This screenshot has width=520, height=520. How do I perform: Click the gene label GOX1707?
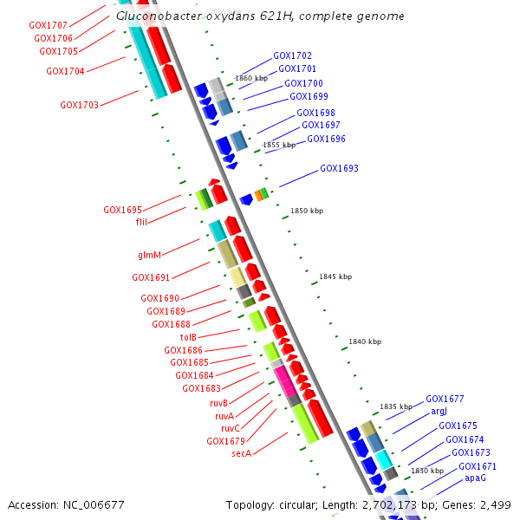click(48, 26)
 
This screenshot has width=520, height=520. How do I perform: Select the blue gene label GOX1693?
click(339, 168)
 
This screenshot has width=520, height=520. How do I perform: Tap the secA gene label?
click(241, 453)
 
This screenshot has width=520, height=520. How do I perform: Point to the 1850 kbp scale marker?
click(306, 211)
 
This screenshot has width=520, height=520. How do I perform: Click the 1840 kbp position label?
click(364, 341)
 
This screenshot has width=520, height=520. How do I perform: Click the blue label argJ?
click(439, 412)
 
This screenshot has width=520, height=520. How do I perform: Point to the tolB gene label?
click(188, 337)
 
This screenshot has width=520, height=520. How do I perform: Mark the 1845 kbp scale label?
click(335, 276)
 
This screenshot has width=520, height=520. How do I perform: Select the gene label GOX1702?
click(292, 55)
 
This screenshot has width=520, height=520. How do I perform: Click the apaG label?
click(475, 478)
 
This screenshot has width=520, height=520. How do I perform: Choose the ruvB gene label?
click(218, 403)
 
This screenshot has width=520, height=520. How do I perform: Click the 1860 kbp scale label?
click(251, 78)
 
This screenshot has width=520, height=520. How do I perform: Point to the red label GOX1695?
click(122, 210)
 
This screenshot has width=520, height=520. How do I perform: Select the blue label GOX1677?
click(445, 399)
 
